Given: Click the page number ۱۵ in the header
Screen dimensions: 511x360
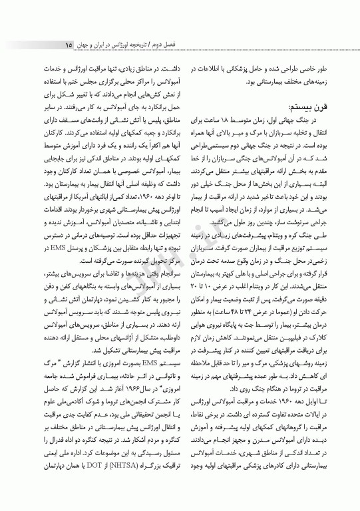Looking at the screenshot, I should [x=69, y=45].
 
